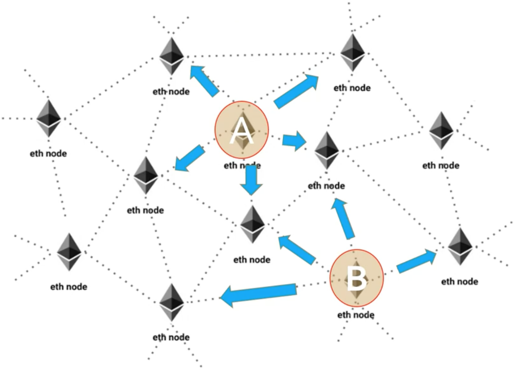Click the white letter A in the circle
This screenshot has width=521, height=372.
(x=242, y=130)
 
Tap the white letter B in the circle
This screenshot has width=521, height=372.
(x=356, y=278)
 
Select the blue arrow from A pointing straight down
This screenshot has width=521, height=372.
(x=251, y=180)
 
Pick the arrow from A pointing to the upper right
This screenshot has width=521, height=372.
(x=296, y=91)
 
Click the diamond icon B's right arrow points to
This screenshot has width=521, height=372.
(x=460, y=246)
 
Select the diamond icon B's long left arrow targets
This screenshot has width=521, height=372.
(x=172, y=302)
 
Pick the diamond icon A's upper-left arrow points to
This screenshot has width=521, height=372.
(x=172, y=56)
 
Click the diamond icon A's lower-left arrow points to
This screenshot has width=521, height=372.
(x=146, y=175)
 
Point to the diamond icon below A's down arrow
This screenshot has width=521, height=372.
(x=252, y=224)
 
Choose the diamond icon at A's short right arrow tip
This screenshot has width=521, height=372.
(x=327, y=150)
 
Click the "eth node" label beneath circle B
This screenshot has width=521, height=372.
(x=356, y=315)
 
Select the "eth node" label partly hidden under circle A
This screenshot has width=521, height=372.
(x=242, y=166)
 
